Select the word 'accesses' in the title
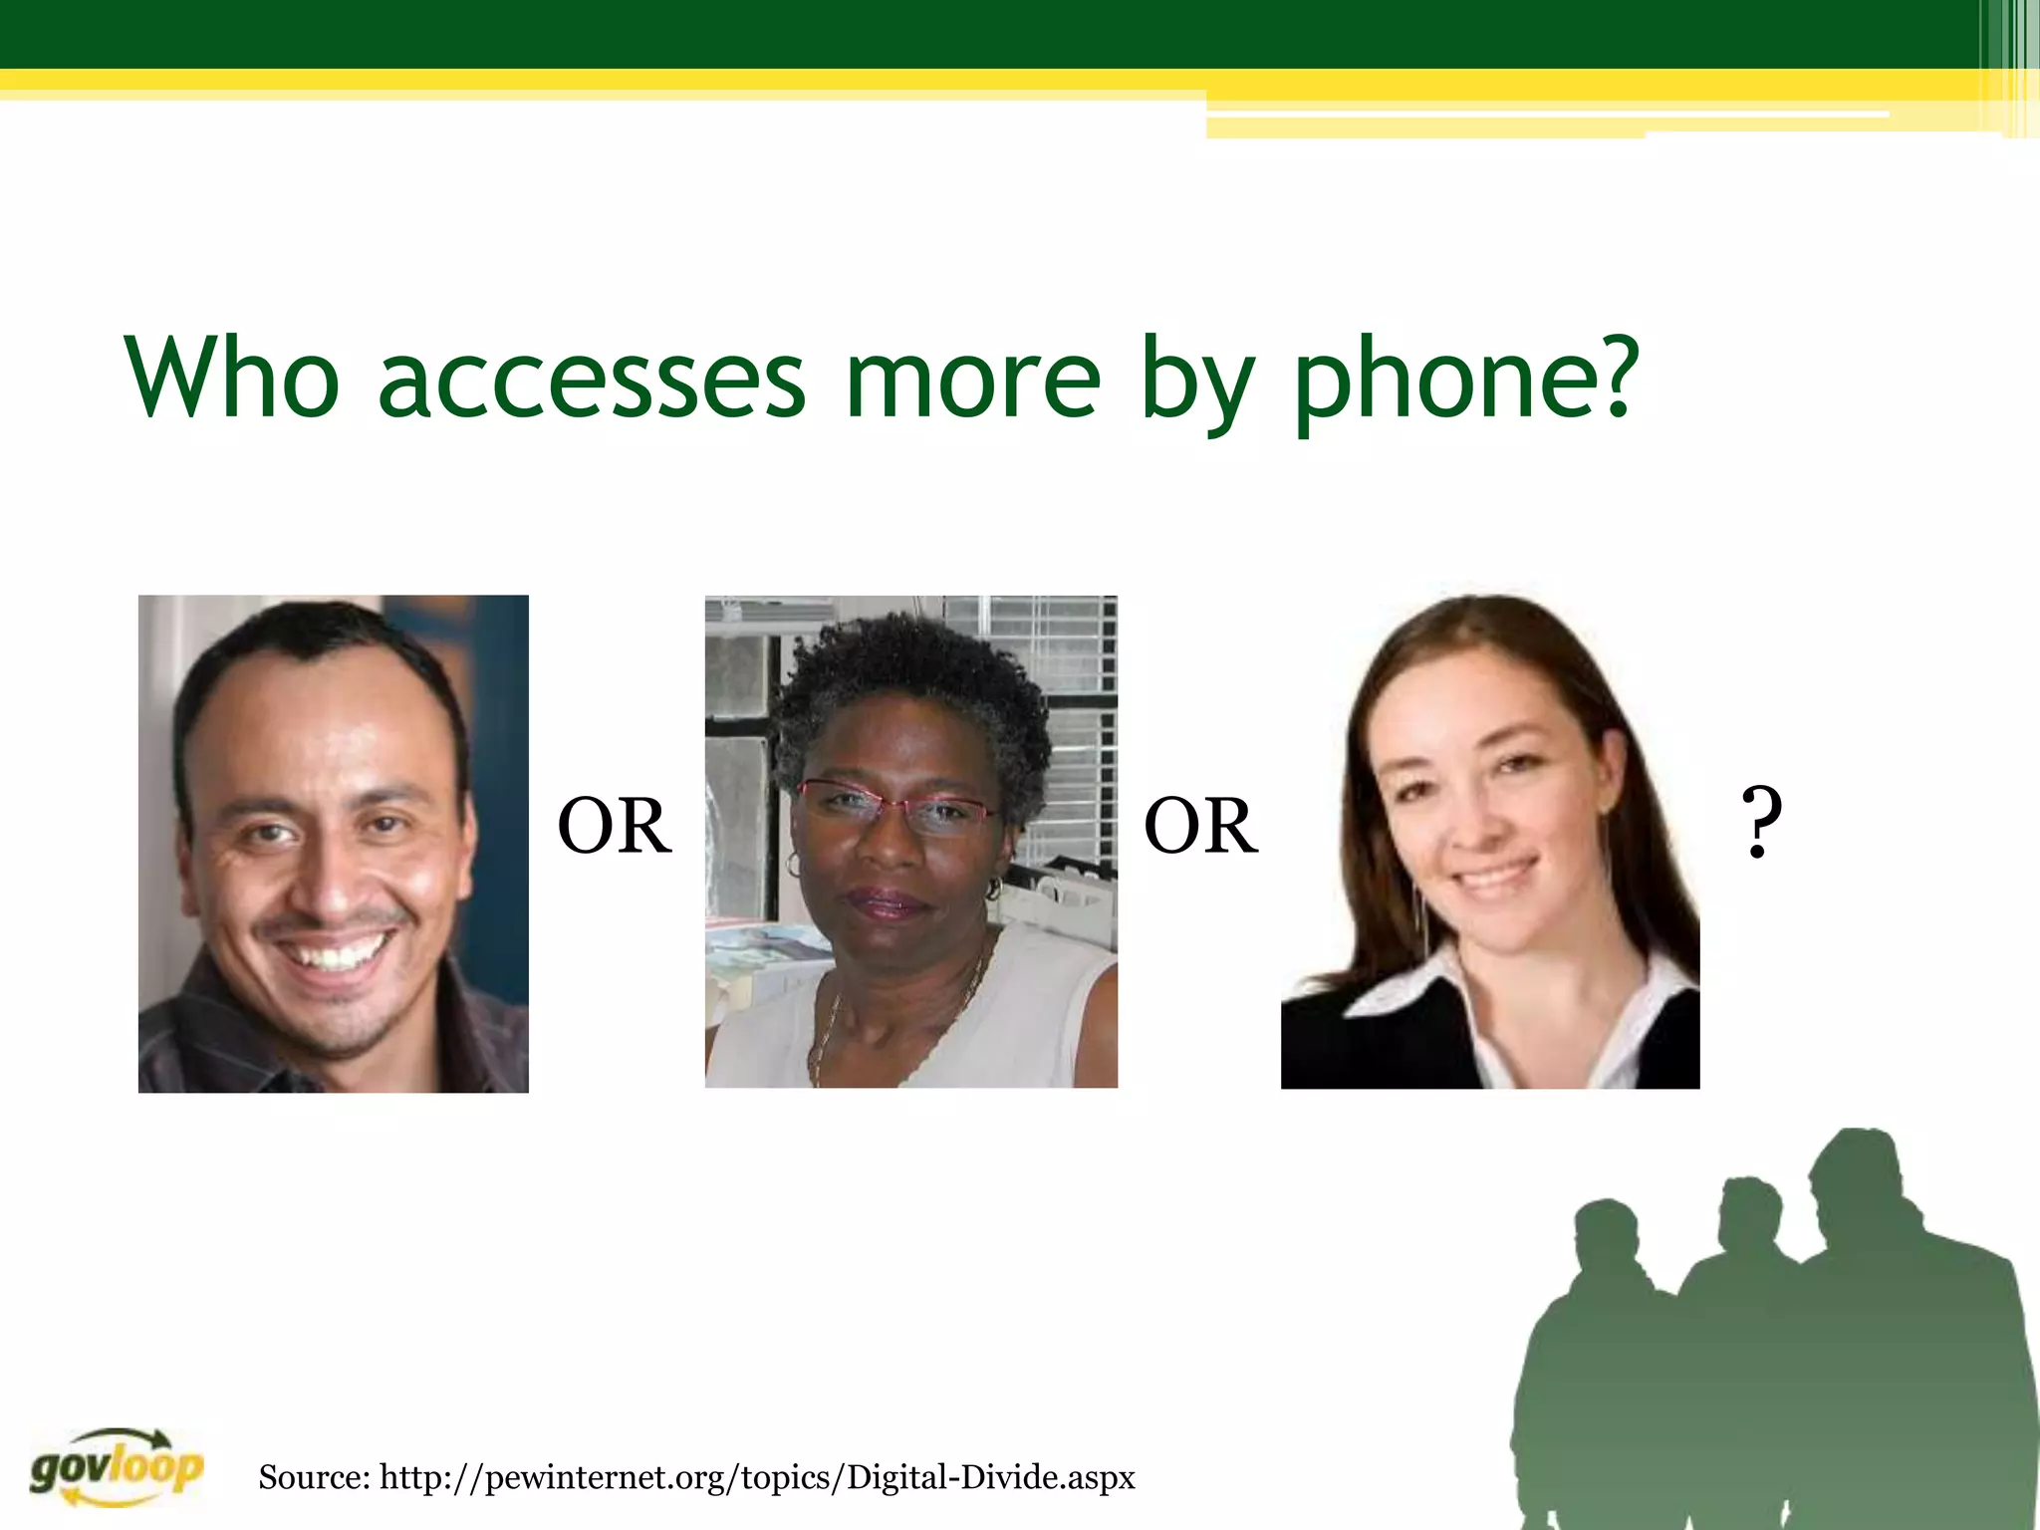(591, 382)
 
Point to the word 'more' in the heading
(972, 382)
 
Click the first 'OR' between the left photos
(615, 827)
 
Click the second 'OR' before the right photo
(1200, 827)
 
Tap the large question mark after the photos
(1760, 823)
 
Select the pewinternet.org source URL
(757, 1476)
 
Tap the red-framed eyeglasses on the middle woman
(896, 806)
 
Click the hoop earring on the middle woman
(992, 887)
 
